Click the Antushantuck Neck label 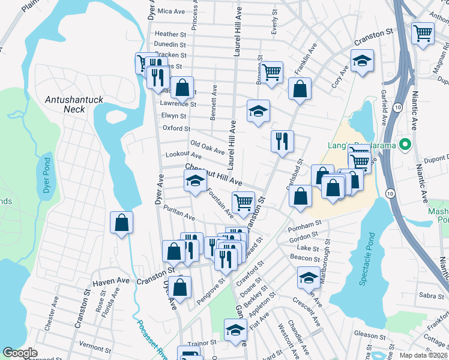point(65,104)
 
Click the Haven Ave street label point(110,281)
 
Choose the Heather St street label point(170,35)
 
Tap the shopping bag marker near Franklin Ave point(300,89)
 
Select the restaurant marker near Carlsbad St point(282,142)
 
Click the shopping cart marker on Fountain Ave point(243,202)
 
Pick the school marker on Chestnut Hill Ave point(195,181)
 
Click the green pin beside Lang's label point(405,145)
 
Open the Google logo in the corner point(20,353)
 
